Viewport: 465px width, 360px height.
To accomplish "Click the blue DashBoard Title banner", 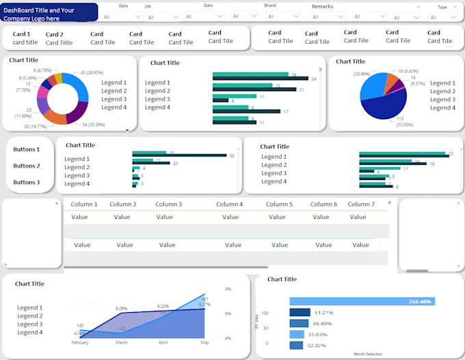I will [x=49, y=14].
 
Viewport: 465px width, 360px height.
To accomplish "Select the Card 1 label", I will [x=22, y=34].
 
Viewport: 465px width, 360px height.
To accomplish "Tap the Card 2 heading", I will [x=55, y=34].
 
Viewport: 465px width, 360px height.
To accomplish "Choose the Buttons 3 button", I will [x=27, y=183].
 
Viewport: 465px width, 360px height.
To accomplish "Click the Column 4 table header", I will [x=230, y=204].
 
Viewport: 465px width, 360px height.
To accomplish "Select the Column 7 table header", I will [x=361, y=204].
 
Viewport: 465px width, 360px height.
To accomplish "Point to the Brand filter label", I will [x=270, y=5].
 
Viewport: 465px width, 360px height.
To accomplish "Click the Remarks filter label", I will [x=323, y=6].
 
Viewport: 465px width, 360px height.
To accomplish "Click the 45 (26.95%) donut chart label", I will [x=92, y=73].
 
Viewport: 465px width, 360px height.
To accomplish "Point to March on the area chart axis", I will [x=122, y=342].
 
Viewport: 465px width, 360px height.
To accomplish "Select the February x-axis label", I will [x=80, y=342].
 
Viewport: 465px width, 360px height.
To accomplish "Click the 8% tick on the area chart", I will [x=228, y=289].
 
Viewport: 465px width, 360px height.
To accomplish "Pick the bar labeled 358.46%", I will [x=362, y=301].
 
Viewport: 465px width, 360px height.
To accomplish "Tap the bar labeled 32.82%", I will [x=296, y=346].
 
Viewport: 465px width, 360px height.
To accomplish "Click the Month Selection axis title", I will [x=368, y=354].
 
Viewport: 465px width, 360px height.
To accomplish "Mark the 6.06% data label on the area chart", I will [x=122, y=309].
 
